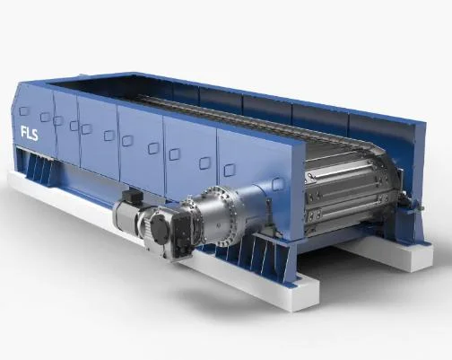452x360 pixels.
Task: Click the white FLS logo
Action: coord(30,133)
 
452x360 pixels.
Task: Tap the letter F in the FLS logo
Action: coord(23,132)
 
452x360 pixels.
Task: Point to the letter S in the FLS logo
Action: coord(35,135)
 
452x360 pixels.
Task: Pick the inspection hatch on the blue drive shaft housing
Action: coord(277,184)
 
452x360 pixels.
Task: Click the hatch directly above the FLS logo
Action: coord(24,111)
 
